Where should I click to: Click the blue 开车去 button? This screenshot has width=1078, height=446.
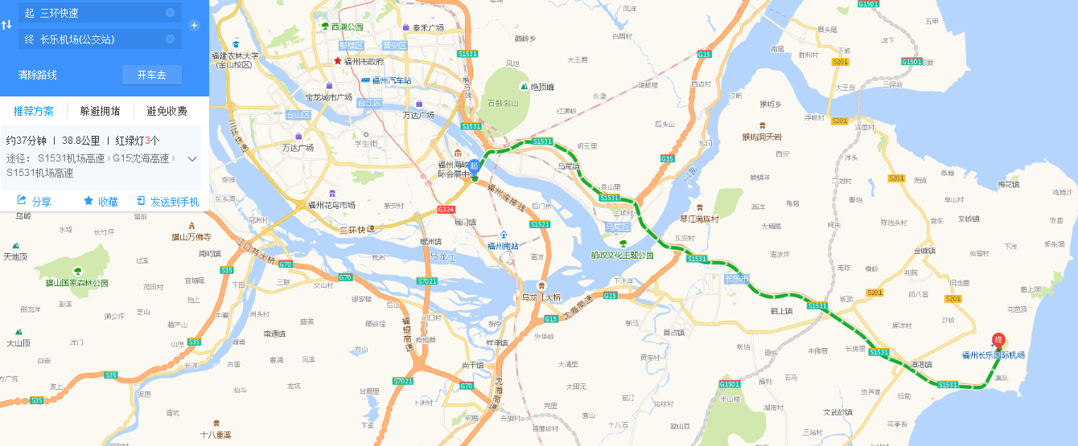pos(151,75)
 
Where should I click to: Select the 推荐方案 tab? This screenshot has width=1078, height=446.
pos(34,111)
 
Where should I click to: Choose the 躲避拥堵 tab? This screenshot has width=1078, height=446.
pos(100,111)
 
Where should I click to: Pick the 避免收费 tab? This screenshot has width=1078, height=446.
pos(167,111)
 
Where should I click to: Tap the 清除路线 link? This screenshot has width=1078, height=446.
pos(38,75)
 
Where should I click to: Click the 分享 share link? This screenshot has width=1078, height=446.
pos(34,202)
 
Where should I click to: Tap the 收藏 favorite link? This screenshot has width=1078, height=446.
pos(101,202)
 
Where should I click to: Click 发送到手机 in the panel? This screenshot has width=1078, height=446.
pos(167,202)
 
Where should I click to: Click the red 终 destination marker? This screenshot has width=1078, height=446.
pos(998,341)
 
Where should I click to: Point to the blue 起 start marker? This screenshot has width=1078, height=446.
pos(475,166)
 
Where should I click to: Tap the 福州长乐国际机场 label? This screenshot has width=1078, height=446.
pos(994,355)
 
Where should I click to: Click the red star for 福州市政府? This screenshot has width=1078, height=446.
pos(338,61)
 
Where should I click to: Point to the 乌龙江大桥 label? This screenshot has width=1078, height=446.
pos(541,297)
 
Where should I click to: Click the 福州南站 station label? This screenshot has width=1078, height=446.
pos(503,246)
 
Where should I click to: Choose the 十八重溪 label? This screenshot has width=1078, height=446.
pos(216,434)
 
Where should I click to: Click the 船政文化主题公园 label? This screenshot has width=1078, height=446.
pos(622,255)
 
